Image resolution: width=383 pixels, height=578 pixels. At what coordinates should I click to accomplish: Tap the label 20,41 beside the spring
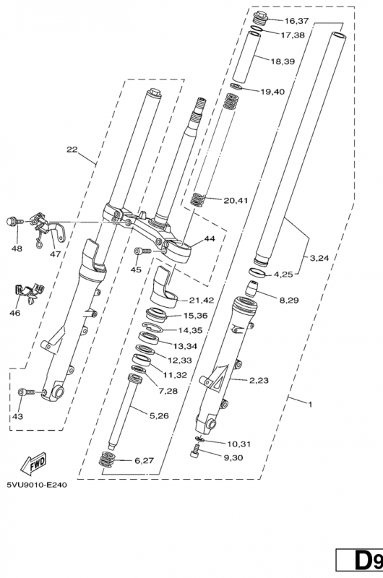click(236, 200)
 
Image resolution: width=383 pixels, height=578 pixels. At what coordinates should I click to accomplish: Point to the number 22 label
click(72, 150)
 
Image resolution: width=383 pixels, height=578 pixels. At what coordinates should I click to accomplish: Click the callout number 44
click(210, 238)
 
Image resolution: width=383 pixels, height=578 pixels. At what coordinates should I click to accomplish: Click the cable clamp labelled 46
click(27, 291)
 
